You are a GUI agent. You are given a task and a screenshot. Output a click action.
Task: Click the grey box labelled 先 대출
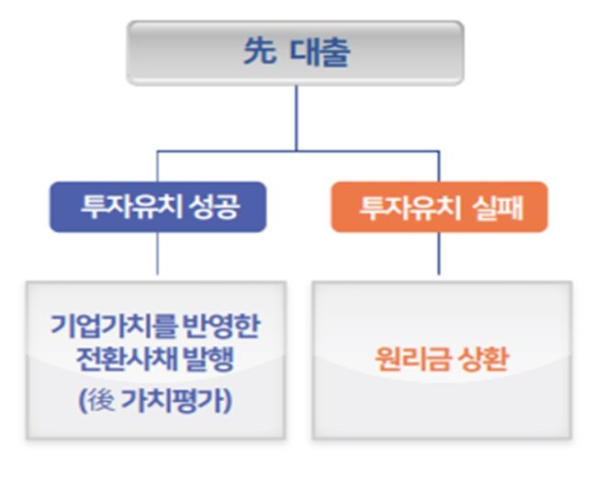click(x=295, y=53)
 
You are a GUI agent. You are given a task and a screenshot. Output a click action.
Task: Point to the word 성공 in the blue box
click(x=217, y=206)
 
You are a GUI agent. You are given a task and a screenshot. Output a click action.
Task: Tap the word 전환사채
click(x=119, y=361)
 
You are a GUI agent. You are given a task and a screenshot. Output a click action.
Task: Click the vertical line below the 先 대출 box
click(x=296, y=117)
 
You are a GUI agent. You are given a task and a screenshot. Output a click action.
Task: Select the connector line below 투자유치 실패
click(x=439, y=254)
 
